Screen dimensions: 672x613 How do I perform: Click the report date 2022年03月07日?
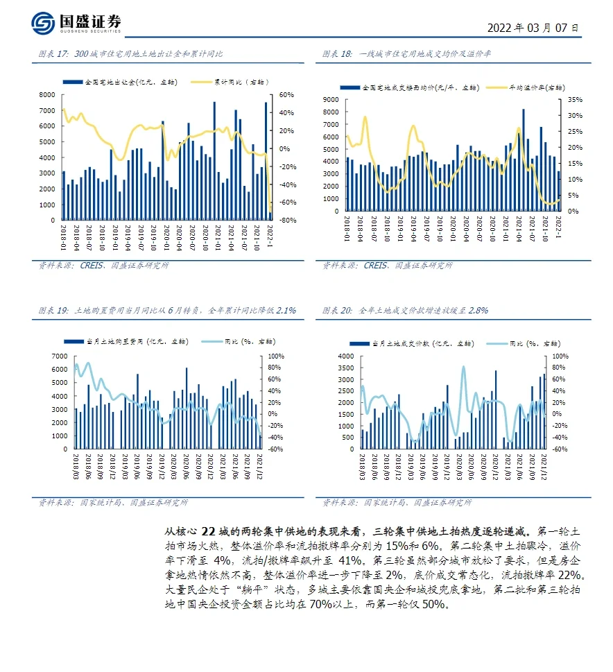(x=533, y=28)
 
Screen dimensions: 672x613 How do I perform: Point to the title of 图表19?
(x=167, y=311)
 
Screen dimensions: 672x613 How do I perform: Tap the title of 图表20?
(x=406, y=311)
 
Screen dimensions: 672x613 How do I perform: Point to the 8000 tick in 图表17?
(x=47, y=94)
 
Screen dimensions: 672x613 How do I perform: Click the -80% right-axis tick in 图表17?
(x=288, y=221)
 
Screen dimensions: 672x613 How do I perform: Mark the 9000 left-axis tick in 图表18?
(x=331, y=100)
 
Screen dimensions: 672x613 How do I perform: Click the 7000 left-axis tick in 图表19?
(x=59, y=356)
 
